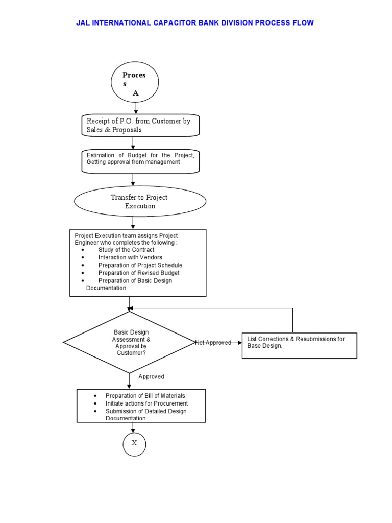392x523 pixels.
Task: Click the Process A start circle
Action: [x=135, y=82]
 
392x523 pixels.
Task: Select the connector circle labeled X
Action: [x=134, y=443]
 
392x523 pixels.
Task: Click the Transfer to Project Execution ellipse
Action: [x=140, y=202]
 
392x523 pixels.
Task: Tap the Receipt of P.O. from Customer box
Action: [x=140, y=125]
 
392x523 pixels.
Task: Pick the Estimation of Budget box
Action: [x=140, y=161]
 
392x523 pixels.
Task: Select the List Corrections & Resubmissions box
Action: [x=299, y=345]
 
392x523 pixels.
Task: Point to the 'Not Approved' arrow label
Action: [x=213, y=343]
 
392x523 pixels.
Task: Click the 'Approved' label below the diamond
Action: [x=151, y=377]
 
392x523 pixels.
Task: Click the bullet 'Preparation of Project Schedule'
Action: [x=140, y=266]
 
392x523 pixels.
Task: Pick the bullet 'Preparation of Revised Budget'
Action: [x=139, y=273]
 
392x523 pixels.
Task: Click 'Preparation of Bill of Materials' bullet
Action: [x=145, y=396]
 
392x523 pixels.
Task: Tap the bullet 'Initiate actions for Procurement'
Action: [x=146, y=403]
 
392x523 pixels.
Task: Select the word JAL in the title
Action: [x=84, y=23]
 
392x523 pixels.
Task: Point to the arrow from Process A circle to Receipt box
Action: [x=135, y=108]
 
